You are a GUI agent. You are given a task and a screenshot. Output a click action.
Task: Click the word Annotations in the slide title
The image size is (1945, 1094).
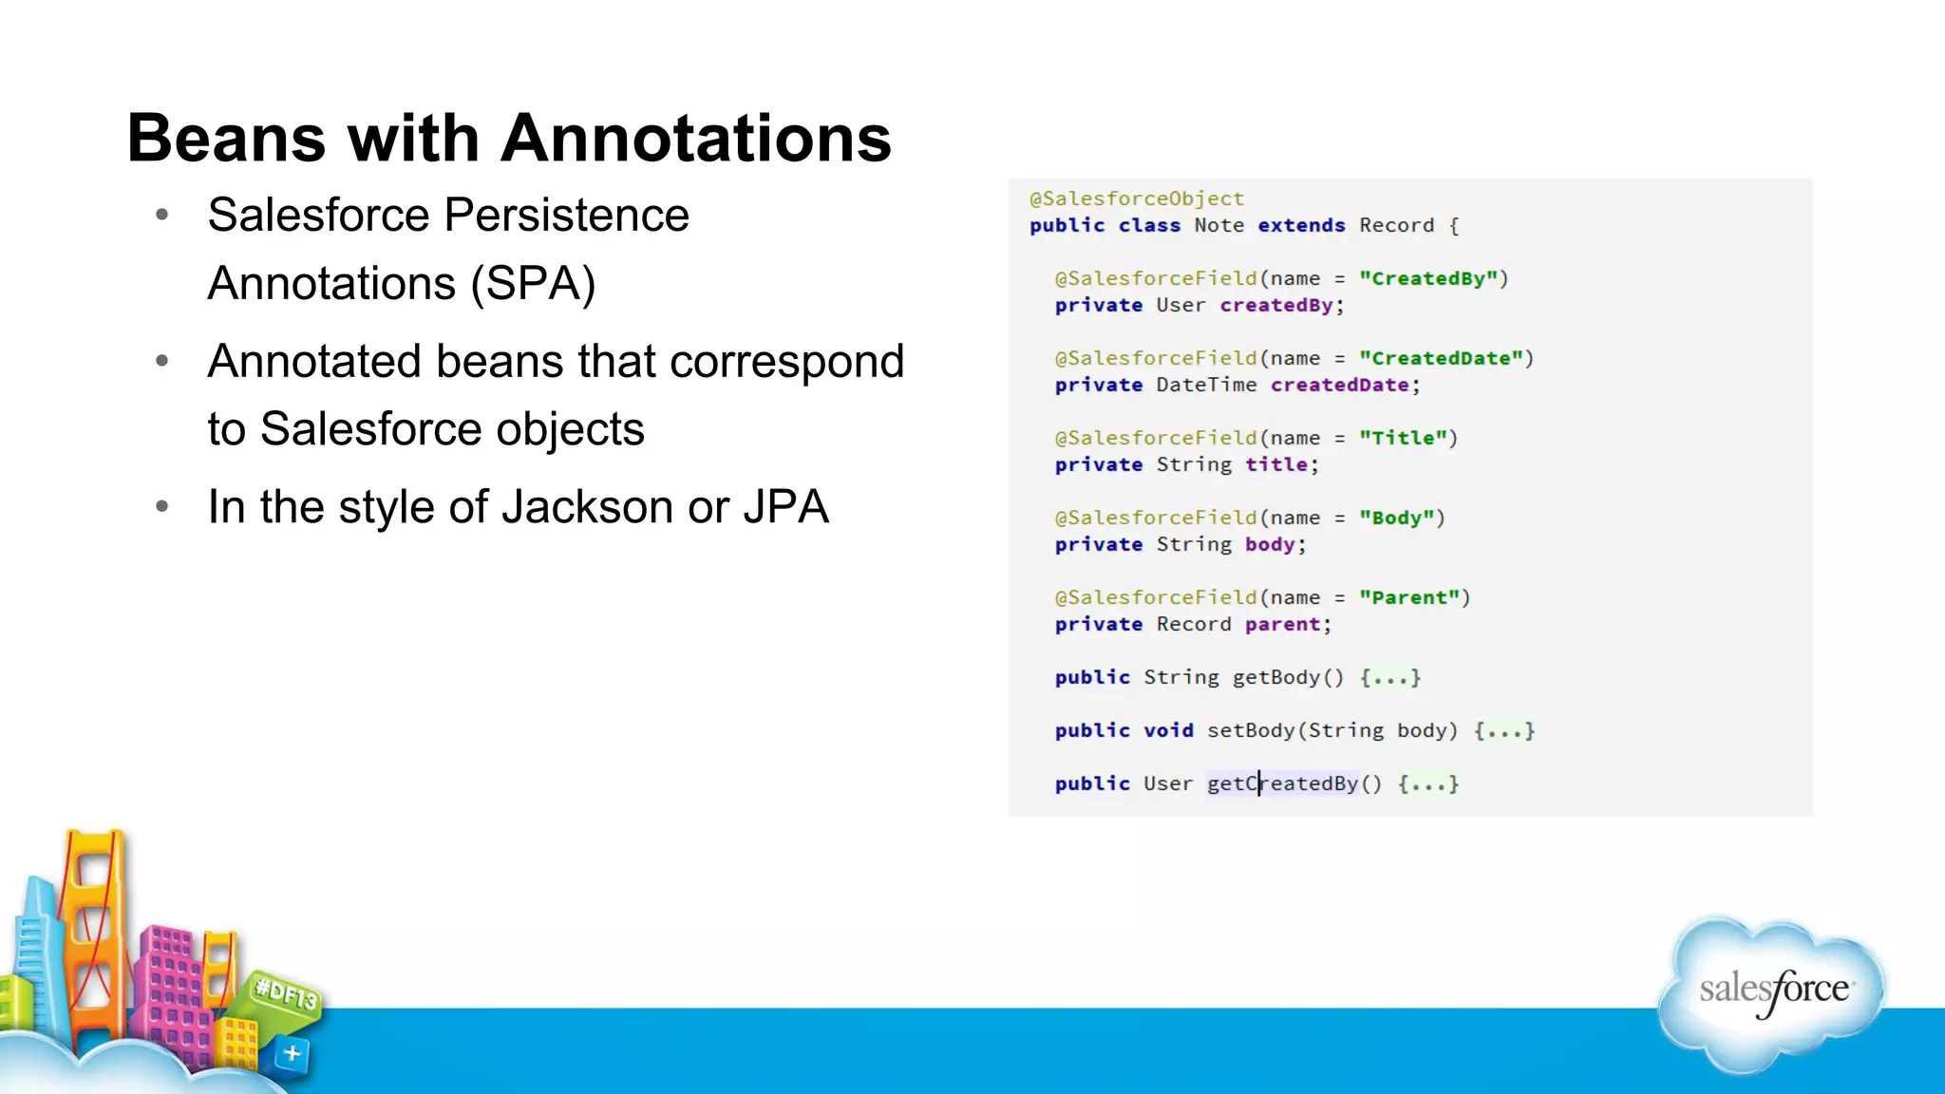[x=695, y=139]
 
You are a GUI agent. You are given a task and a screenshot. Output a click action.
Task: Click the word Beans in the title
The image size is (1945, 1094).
[x=226, y=139]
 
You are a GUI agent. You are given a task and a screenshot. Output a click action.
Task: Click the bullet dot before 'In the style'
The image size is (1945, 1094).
[x=162, y=507]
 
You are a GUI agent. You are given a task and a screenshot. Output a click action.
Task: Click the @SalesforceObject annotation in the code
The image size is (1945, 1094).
[x=1137, y=198]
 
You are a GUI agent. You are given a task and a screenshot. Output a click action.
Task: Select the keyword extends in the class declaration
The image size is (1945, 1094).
[x=1301, y=225]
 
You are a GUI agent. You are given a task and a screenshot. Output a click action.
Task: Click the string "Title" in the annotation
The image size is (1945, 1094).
[x=1403, y=438]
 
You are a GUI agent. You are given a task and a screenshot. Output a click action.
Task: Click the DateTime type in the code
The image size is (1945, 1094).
[x=1206, y=385]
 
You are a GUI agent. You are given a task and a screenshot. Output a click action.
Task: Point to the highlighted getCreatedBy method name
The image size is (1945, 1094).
[x=1282, y=783]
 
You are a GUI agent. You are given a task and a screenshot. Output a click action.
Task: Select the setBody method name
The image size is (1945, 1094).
[x=1250, y=730]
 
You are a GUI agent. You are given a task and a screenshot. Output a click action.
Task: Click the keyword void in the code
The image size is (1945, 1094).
[x=1168, y=730]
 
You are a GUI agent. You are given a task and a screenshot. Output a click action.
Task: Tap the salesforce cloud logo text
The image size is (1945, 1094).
[x=1773, y=990]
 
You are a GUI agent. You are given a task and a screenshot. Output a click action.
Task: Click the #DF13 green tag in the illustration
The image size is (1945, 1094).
[x=285, y=994]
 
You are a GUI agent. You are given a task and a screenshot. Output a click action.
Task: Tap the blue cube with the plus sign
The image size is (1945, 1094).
[x=292, y=1053]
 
